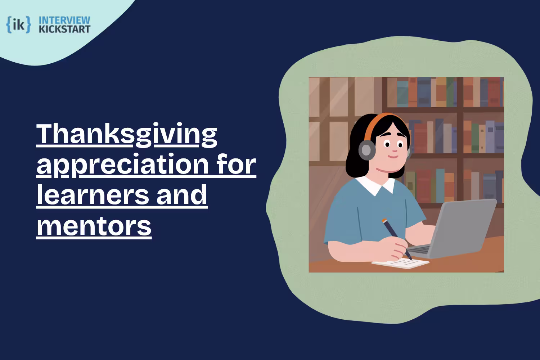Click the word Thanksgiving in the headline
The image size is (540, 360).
coord(127,134)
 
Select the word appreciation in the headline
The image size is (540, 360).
coord(123,165)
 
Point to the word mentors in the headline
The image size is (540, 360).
coord(94,226)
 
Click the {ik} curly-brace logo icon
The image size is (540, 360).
coord(18,24)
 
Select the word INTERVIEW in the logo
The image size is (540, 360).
coord(64,20)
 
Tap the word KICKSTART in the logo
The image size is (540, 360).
coord(64,29)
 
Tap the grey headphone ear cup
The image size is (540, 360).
coord(366,150)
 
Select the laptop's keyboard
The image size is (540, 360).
coord(419,249)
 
